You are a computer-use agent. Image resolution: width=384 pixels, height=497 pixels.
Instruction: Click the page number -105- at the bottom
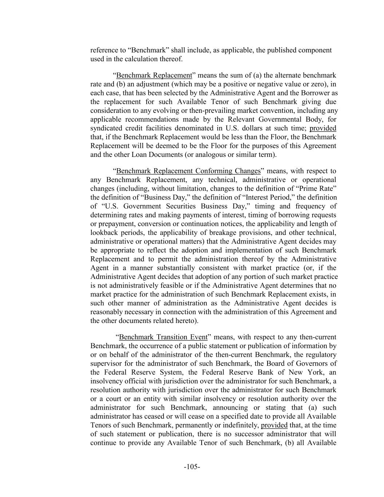click(192, 467)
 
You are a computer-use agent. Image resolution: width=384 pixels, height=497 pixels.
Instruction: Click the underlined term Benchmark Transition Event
click(163, 337)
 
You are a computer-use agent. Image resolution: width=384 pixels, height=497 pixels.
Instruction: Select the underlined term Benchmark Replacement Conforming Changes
click(188, 171)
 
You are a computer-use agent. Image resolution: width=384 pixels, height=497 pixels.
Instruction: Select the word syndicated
click(106, 128)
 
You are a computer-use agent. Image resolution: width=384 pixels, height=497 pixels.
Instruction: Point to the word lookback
click(103, 233)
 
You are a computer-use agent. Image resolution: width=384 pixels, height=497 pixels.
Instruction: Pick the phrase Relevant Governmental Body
click(267, 119)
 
